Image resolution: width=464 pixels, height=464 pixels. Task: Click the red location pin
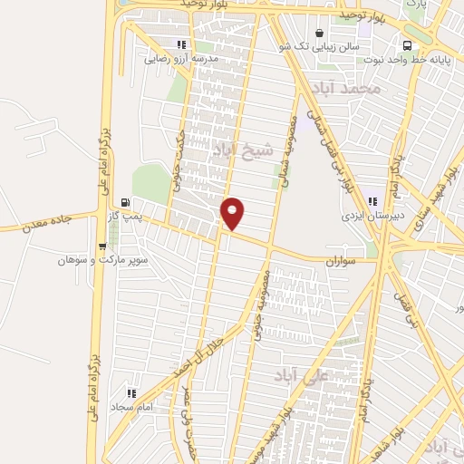point(234,213)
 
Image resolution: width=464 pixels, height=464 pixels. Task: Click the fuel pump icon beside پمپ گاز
point(125,203)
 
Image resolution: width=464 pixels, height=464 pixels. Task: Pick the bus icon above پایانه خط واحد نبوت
point(407,44)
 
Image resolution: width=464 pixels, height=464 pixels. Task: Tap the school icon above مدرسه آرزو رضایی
point(182,44)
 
